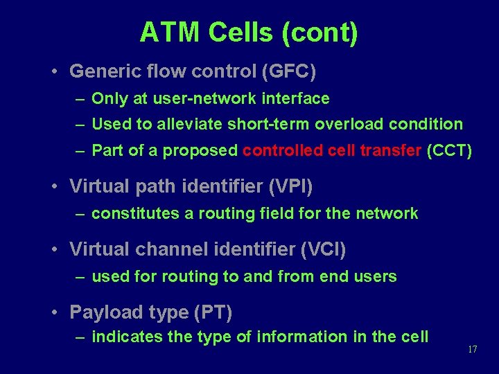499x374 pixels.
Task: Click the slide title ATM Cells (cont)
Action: point(249,33)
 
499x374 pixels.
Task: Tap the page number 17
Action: point(473,349)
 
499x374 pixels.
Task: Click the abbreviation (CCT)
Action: point(450,150)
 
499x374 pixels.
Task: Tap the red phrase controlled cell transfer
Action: point(332,150)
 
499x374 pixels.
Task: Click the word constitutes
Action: point(136,213)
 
